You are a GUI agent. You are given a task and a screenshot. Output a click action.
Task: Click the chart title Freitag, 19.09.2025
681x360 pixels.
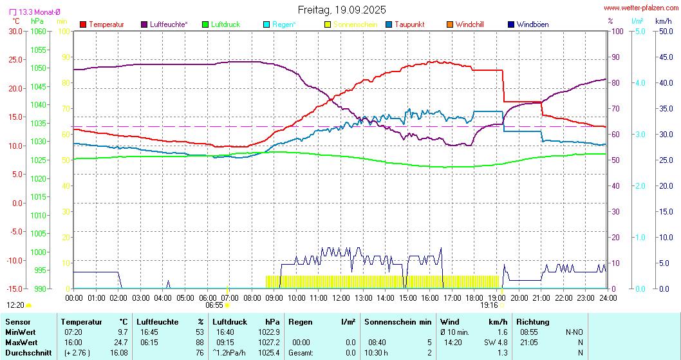click(342, 10)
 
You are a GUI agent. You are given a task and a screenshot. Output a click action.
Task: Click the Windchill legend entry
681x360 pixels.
click(469, 24)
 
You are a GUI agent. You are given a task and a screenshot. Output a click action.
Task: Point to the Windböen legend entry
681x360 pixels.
click(532, 24)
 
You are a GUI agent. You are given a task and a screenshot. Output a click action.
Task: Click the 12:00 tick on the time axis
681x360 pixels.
click(341, 298)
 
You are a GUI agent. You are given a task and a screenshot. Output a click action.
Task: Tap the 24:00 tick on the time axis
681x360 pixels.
click(608, 298)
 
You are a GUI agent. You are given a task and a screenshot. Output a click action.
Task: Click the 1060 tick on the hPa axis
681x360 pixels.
click(39, 31)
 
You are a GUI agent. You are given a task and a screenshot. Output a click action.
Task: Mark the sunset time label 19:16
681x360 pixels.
click(489, 306)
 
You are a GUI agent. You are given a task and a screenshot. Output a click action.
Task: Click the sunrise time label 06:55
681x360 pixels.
click(214, 305)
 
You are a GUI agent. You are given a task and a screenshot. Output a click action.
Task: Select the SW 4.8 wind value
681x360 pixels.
click(495, 342)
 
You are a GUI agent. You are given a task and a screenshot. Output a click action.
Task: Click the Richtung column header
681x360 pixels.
click(533, 321)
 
